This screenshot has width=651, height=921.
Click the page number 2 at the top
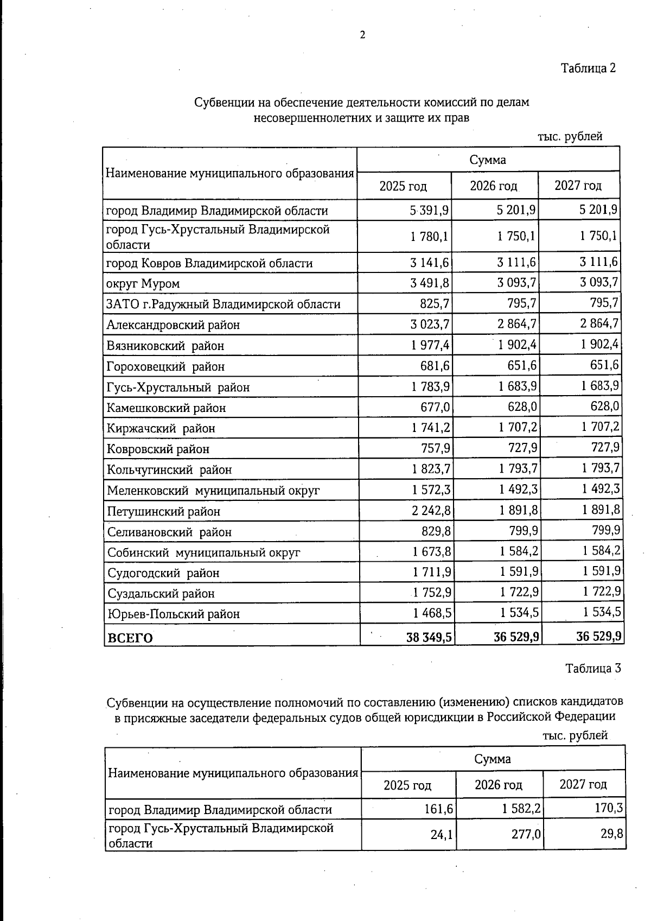coord(362,35)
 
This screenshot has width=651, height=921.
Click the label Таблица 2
coord(588,68)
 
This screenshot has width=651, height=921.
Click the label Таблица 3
coord(592,668)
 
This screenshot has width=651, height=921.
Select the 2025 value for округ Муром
coord(430,283)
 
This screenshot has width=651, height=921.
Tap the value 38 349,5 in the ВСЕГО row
coord(429,637)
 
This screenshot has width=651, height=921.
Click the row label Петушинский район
coord(163,511)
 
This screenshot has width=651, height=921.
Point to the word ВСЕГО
coord(130,638)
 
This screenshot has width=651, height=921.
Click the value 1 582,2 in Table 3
coord(521,809)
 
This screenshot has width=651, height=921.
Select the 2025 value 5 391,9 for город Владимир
coord(429,210)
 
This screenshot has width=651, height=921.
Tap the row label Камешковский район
coord(166,408)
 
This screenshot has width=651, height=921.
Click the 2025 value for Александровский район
coord(430,325)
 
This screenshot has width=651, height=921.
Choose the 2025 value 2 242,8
coord(431,511)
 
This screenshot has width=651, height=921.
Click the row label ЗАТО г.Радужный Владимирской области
coord(223,304)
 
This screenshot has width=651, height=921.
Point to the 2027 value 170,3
coord(608,809)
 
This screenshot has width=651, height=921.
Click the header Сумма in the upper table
coord(488,160)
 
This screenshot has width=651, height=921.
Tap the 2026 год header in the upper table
coord(493,186)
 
